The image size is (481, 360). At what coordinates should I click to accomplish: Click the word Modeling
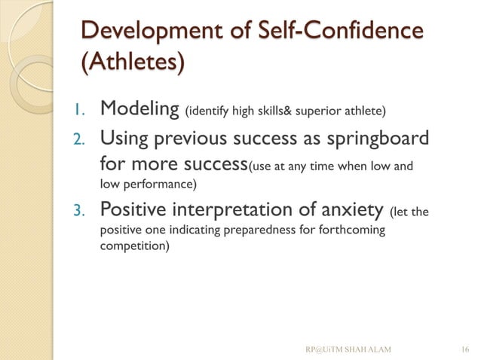point(139,112)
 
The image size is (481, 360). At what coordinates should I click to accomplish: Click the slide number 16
point(464,348)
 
